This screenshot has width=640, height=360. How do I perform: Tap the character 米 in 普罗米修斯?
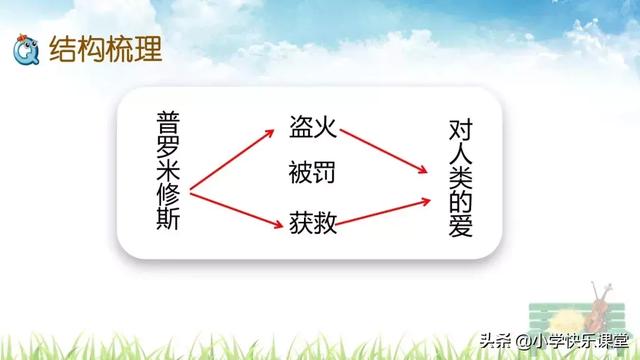(x=169, y=171)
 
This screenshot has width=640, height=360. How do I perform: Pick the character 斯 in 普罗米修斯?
(x=169, y=219)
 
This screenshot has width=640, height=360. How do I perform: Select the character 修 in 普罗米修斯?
(x=169, y=195)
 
